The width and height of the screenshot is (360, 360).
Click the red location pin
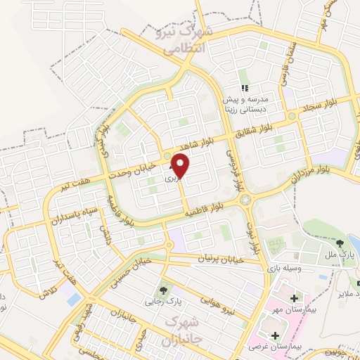tap(181, 165)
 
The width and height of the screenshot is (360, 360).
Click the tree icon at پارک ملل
tap(330, 243)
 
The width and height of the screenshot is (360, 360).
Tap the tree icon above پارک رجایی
tap(163, 289)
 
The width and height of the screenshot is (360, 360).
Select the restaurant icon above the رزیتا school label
tap(245, 89)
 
